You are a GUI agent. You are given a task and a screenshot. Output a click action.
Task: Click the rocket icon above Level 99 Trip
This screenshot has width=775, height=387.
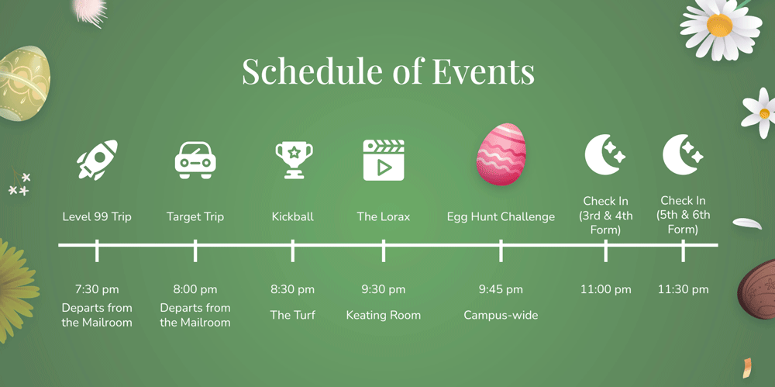(x=97, y=159)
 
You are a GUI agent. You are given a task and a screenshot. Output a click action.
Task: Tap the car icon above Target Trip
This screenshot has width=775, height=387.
(x=195, y=160)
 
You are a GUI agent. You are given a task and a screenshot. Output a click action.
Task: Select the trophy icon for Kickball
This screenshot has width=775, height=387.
(x=294, y=160)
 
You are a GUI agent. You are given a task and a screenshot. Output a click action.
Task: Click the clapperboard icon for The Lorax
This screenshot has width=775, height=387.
(x=384, y=160)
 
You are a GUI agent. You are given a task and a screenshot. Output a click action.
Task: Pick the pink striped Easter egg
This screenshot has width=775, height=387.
(x=501, y=154)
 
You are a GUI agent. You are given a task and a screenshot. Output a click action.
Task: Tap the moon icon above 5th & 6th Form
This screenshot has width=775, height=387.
(x=683, y=154)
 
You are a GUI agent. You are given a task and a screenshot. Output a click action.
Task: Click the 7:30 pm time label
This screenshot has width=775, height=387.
(x=97, y=289)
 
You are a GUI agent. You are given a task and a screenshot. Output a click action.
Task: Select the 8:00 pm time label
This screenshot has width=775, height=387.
(x=195, y=289)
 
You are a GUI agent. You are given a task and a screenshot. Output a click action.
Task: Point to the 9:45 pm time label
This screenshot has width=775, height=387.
(x=501, y=289)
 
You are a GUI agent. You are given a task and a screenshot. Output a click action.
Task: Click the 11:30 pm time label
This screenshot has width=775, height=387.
(x=683, y=289)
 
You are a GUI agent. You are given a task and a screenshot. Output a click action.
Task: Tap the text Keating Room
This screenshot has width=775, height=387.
(x=384, y=315)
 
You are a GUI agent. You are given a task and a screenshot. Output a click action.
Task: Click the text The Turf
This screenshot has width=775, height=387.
(x=293, y=315)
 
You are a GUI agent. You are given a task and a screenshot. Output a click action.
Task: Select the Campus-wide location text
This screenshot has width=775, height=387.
(x=501, y=315)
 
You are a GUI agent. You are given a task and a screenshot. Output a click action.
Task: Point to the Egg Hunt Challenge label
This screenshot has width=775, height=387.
(x=501, y=216)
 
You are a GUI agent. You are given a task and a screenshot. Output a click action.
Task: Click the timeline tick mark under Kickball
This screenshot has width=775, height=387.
(x=293, y=251)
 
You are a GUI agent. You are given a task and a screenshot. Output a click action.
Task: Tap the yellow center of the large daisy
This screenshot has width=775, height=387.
(x=720, y=25)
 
